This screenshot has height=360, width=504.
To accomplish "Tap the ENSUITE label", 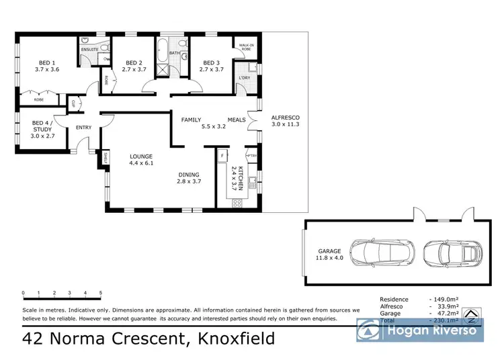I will click(90, 50).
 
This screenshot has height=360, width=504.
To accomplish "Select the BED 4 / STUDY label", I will click(44, 127).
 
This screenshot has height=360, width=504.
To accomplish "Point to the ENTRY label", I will click(84, 128).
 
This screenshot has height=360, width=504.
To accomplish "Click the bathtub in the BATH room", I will click(163, 52).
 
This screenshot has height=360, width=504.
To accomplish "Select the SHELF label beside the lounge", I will click(106, 158).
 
